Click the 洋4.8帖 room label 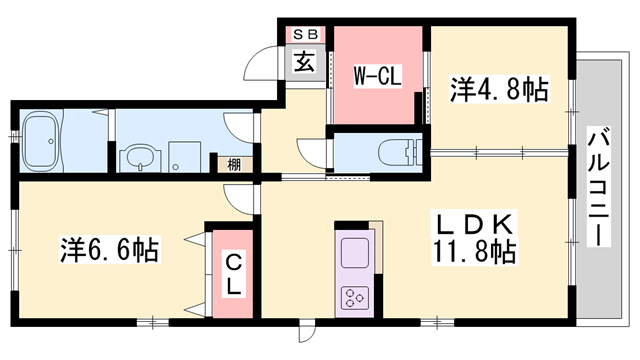point(499,91)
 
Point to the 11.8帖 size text point(473,252)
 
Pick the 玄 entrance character point(302,59)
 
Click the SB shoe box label point(302,34)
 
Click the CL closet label point(232,272)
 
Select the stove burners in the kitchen point(356,296)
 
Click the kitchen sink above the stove point(356,251)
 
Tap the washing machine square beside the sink point(182,156)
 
